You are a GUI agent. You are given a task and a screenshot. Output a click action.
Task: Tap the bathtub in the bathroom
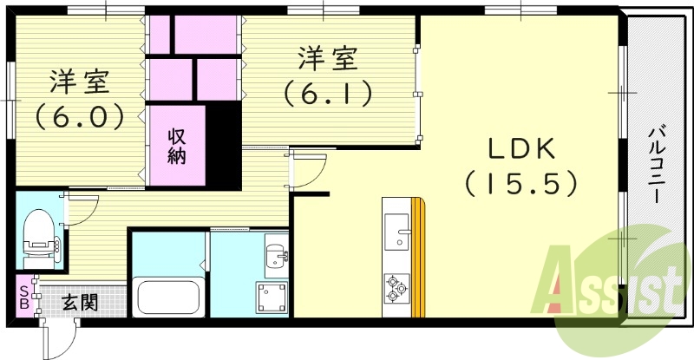(168, 296)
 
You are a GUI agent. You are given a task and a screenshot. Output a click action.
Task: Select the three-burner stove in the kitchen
(396, 289)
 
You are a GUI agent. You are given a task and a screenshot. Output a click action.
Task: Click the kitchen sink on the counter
(397, 231)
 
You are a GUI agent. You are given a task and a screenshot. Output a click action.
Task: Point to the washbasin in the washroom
(277, 256)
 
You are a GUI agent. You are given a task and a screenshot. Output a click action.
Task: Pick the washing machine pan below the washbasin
(272, 298)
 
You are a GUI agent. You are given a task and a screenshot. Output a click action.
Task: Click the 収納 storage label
(177, 147)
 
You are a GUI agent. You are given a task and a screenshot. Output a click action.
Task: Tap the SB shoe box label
(24, 298)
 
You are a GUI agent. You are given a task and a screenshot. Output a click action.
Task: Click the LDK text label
(522, 149)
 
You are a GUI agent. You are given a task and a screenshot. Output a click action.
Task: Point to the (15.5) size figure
(521, 184)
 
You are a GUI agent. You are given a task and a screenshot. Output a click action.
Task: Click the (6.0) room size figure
(79, 117)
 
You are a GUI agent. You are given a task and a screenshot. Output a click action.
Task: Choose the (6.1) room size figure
(327, 94)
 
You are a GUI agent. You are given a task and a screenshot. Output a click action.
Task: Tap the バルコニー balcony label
(657, 164)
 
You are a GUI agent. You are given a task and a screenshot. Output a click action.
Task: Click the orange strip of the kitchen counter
(418, 258)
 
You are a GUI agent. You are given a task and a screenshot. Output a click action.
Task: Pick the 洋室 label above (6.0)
(80, 82)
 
